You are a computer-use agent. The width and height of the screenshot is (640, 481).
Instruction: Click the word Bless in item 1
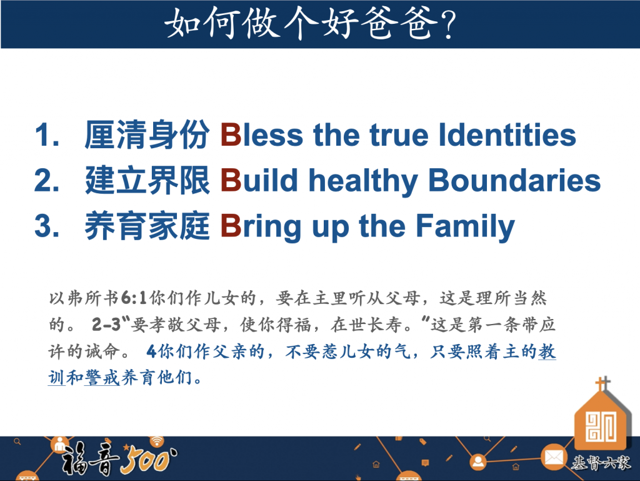pos(262,135)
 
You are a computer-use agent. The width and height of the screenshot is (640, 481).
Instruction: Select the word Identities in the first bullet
pos(507,135)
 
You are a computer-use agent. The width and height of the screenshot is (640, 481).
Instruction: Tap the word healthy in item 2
pos(363,181)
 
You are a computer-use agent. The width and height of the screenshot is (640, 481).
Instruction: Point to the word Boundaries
pos(514,181)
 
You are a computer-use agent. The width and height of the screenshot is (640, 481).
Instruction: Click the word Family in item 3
pos(465,227)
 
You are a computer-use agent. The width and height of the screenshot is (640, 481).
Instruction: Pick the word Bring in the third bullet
pos(261,227)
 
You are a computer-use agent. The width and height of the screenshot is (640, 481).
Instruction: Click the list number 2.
pos(47,181)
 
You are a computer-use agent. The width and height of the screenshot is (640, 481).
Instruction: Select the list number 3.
pos(47,226)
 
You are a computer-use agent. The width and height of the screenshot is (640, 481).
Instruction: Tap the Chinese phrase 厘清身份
pos(147,135)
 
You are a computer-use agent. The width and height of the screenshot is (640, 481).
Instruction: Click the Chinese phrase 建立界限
pos(147,181)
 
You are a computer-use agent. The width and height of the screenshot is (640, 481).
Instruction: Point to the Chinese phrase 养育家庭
pos(147,226)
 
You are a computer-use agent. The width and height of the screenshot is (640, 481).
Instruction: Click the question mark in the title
pos(448,25)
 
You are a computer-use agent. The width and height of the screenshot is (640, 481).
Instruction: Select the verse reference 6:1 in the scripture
pos(134,298)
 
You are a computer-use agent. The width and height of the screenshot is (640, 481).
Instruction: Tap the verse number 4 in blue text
pos(151,352)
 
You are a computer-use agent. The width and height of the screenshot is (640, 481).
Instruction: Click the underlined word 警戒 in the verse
pos(102,378)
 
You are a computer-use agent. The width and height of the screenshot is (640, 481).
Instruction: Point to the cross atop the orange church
pos(602,384)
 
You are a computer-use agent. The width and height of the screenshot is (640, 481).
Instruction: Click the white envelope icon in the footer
pos(554,458)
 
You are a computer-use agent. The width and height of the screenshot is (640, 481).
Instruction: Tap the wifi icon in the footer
pos(157,441)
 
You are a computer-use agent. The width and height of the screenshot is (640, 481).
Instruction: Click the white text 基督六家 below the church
pos(601,463)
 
